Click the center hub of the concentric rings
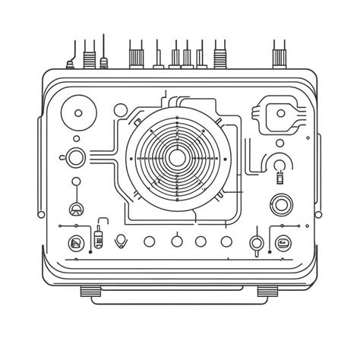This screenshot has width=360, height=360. [176, 157]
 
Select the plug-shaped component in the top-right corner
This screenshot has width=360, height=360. [282, 115]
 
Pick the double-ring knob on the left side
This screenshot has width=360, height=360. [76, 158]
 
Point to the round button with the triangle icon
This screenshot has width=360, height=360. [76, 210]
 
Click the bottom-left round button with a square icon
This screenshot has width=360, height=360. [75, 243]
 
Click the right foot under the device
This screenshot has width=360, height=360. [268, 290]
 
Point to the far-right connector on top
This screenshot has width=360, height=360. [278, 55]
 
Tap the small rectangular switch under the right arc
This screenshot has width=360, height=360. [278, 179]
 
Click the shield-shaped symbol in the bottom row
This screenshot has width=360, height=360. [120, 242]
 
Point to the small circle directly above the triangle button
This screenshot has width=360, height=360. [75, 182]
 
